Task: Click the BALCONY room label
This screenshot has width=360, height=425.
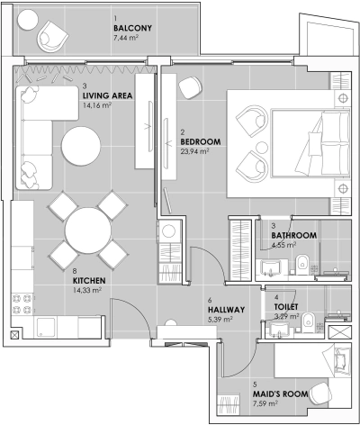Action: pos(132,28)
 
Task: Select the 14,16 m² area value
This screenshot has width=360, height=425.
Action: pos(96,105)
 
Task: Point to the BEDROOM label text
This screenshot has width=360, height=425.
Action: pos(200,141)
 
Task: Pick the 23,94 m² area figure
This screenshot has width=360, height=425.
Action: pos(194,152)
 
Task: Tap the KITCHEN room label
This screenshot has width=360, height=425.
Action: pos(90,280)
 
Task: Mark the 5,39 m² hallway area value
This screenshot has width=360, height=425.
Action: pos(220,320)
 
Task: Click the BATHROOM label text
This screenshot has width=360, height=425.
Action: pos(294,235)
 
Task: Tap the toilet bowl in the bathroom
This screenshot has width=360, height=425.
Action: pos(303,263)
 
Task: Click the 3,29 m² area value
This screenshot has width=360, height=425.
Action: pos(286,316)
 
